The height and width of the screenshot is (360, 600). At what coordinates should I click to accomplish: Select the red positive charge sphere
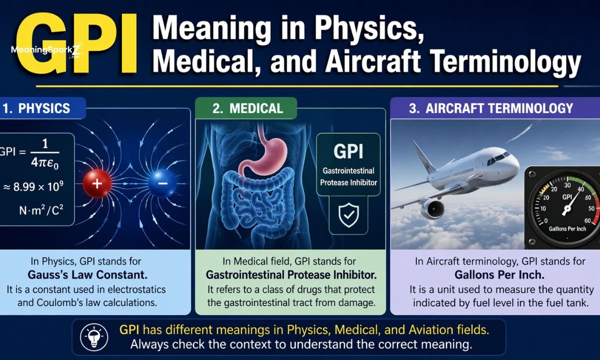(x=97, y=183)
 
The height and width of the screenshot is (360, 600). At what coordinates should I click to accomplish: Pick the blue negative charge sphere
(x=162, y=183)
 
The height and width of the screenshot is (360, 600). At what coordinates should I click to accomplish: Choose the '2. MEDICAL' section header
(x=247, y=108)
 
